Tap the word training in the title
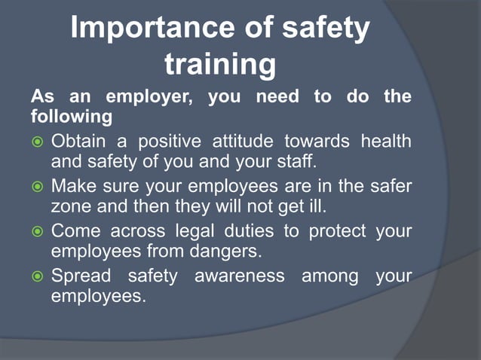tap(220, 65)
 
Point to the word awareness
tap(240, 276)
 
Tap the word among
tap(329, 276)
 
